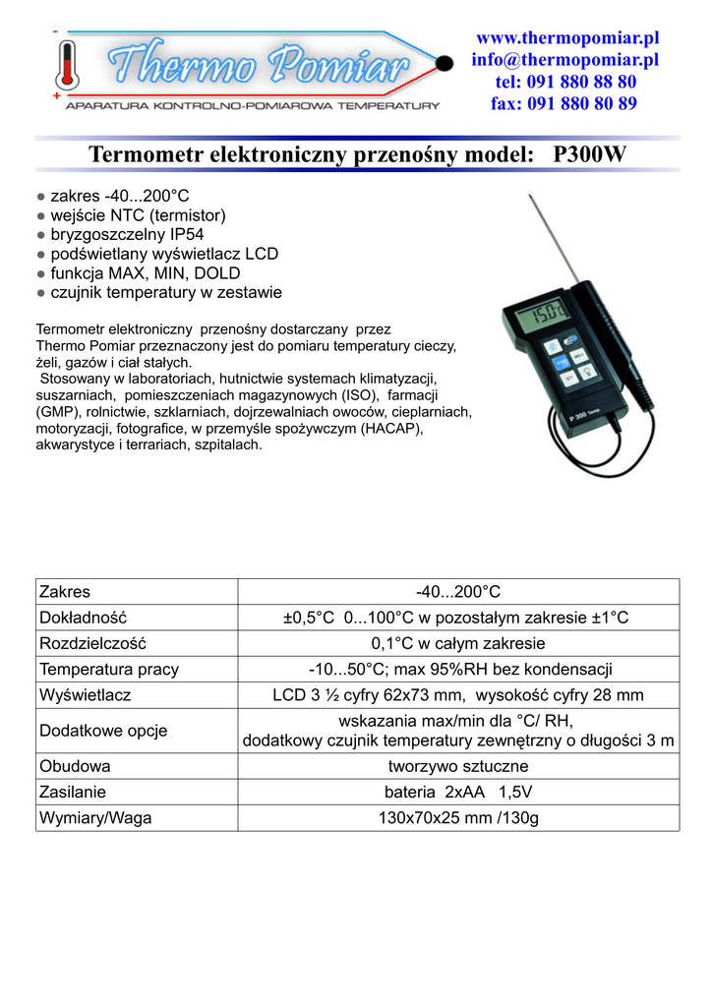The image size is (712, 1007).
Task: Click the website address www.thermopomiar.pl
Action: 567,38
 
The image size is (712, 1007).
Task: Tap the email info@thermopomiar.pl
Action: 564,60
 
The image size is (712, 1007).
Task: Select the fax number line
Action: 564,103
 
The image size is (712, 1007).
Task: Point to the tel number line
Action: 565,82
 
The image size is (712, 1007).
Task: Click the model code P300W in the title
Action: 590,154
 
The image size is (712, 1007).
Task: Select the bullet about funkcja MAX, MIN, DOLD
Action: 144,273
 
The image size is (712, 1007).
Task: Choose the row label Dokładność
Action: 84,618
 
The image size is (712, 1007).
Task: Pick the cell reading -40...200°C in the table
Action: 457,592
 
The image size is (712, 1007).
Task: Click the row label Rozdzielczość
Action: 92,644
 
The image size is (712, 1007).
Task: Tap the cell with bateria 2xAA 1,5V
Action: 457,792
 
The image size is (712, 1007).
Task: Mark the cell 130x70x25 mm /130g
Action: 457,817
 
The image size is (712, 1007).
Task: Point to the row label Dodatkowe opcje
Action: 103,731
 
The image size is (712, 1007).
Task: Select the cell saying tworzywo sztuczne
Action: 457,766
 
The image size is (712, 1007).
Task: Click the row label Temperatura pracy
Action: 108,670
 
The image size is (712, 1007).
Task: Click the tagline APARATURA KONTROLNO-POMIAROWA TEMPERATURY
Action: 252,104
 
